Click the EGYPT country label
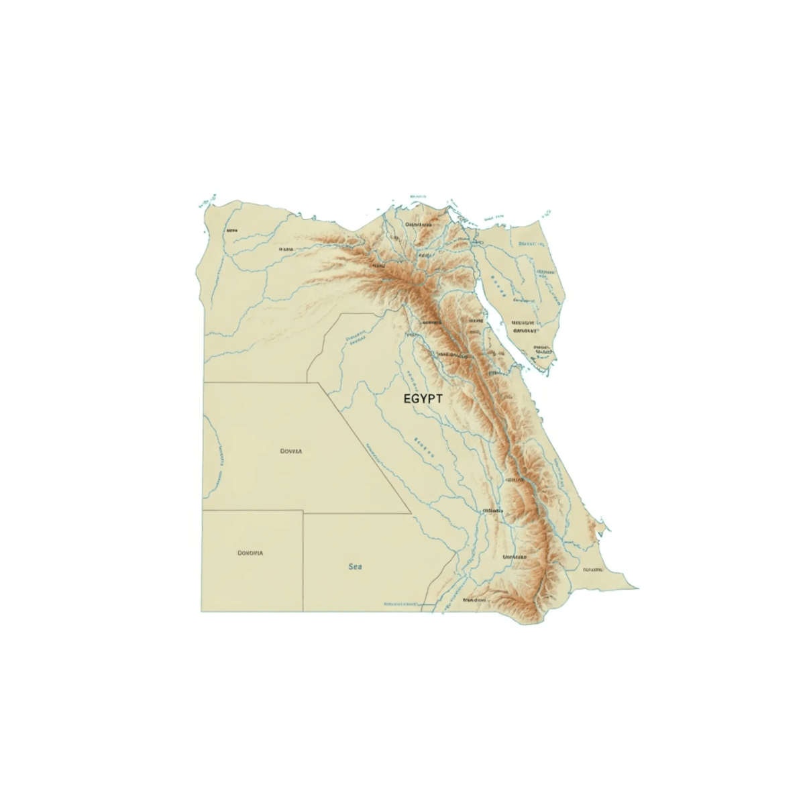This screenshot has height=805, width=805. [423, 398]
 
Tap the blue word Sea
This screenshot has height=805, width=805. [355, 567]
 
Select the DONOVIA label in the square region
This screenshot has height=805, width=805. [250, 553]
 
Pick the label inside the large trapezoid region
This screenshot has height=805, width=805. [291, 451]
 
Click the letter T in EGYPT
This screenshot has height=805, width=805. [439, 398]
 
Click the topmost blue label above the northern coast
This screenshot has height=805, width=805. [417, 197]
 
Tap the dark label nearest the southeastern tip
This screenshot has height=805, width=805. [593, 569]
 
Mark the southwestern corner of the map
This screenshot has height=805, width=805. [202, 611]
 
